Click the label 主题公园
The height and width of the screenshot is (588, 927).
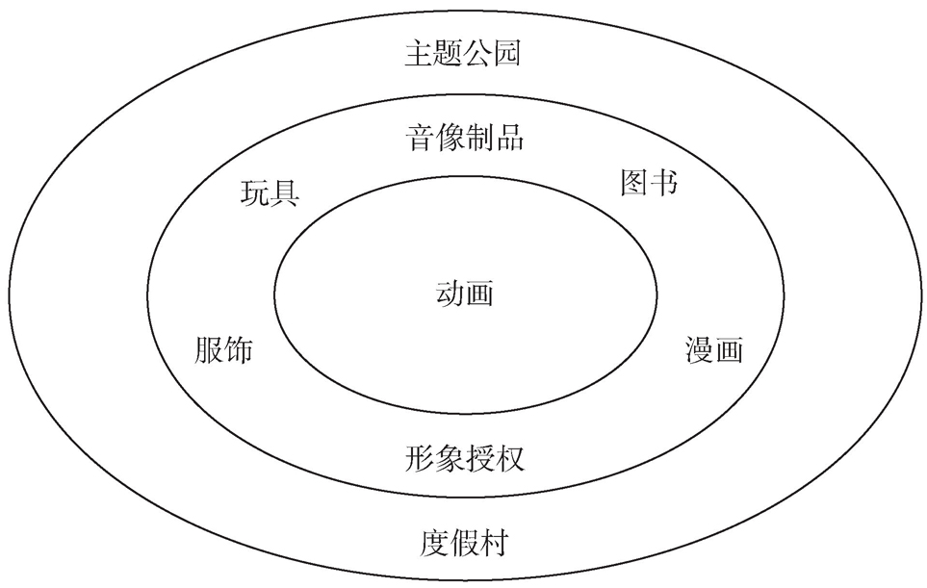[463, 53]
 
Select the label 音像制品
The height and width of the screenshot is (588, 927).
[463, 138]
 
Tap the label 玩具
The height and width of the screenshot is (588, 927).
[270, 193]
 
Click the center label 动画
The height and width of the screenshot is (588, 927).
[464, 293]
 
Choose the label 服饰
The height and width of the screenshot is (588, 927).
[223, 350]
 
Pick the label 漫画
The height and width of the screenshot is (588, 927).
[714, 350]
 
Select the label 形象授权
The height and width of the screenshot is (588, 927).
[464, 457]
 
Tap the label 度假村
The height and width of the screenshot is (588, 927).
[464, 544]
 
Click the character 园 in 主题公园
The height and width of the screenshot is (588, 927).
[507, 53]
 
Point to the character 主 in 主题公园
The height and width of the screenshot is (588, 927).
[419, 53]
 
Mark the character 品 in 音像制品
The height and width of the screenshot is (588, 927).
[508, 138]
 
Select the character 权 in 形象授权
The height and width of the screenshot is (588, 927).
[508, 457]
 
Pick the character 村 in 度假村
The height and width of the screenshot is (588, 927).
[493, 544]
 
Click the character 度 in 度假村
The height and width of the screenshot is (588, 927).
[434, 544]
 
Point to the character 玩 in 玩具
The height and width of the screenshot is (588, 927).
[255, 193]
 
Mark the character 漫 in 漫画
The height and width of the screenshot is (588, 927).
[700, 350]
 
